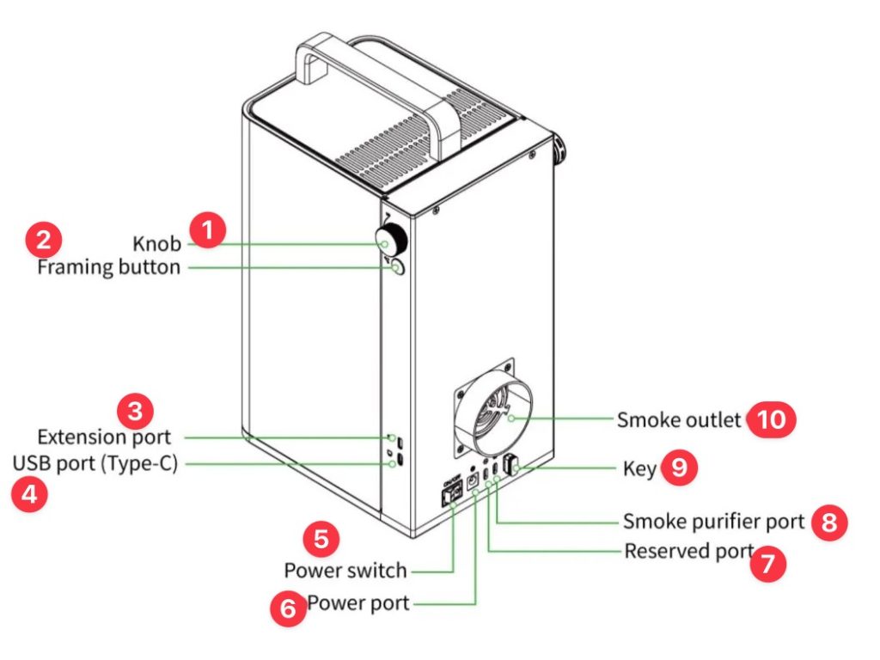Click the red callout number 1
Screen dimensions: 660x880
207,230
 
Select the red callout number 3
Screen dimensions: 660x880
136,410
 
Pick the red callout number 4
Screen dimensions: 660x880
27,496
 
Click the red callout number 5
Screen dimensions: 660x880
321,540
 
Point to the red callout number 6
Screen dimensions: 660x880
287,608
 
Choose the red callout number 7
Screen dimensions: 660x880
767,565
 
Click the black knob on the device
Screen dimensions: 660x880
393,239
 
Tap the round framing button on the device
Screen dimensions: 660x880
397,268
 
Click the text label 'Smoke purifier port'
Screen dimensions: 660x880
713,522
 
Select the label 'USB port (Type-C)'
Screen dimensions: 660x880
95,464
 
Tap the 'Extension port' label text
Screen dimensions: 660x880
103,437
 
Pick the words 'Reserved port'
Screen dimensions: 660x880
688,550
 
